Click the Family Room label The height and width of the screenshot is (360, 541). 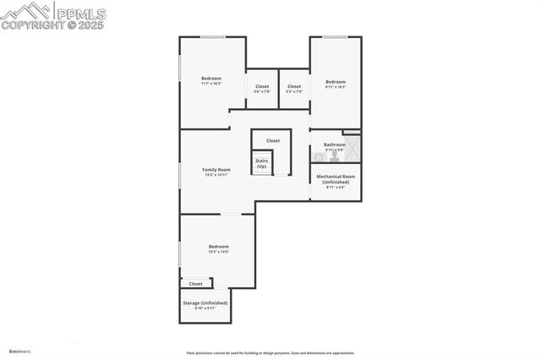(216, 170)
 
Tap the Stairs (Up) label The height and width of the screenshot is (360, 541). (261, 163)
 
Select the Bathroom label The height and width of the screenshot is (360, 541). (335, 145)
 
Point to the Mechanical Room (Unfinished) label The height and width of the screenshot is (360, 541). (336, 179)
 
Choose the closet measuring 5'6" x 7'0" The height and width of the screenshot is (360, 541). (262, 86)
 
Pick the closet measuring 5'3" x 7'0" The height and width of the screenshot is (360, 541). (294, 86)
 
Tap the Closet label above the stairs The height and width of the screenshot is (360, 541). (273, 140)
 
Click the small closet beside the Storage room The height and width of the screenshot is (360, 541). (195, 284)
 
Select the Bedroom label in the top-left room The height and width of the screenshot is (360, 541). (211, 79)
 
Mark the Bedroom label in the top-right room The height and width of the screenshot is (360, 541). (336, 81)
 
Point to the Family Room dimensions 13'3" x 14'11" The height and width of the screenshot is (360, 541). (216, 175)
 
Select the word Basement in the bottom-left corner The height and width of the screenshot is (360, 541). (19, 351)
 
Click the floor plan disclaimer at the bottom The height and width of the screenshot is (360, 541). (270, 353)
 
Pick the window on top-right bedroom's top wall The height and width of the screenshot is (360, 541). (336, 36)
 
